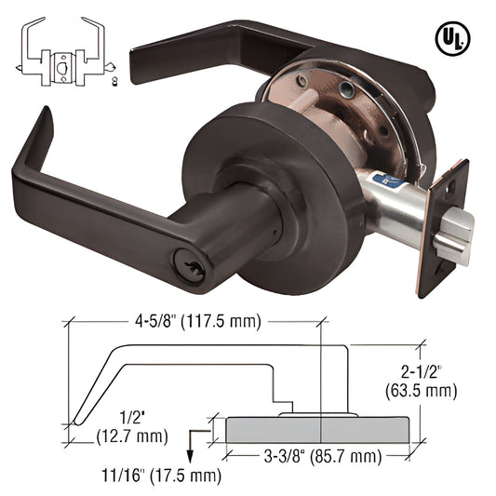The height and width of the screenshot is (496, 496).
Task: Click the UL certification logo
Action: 452,39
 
